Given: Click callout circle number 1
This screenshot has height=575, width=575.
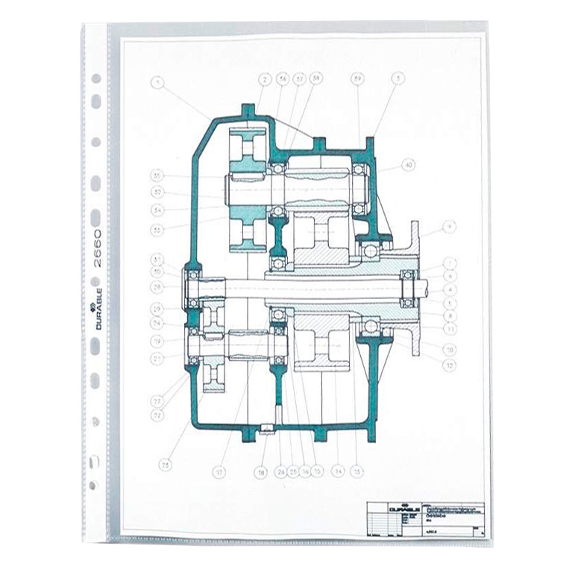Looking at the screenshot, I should point(157,83).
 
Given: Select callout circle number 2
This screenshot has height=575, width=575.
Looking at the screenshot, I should point(265,78).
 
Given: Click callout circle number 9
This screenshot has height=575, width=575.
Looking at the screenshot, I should point(449,226).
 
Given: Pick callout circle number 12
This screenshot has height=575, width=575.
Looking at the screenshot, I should point(449,365).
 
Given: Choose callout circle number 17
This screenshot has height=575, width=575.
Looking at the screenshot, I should point(219,471).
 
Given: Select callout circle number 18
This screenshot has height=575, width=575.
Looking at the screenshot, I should point(260,472).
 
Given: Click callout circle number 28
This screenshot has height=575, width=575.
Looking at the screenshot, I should point(157,286).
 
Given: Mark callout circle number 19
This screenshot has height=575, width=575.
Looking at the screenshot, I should point(157,341).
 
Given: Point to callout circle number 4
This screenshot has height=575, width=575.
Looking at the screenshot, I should point(449,289).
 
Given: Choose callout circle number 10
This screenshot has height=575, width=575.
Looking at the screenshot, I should point(449,348).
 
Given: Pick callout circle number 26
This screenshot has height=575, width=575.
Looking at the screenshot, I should point(280,471).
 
